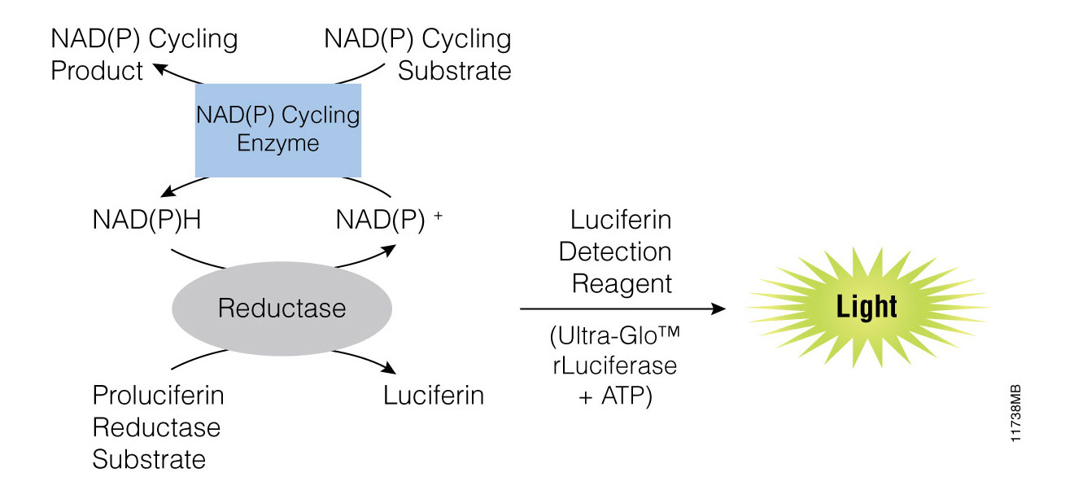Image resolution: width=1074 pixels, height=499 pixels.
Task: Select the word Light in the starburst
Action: (x=867, y=307)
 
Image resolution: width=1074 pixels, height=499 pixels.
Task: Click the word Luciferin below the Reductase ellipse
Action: (x=434, y=396)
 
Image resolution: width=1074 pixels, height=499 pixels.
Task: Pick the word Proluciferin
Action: (x=158, y=396)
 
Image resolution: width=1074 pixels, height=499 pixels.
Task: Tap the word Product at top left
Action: (x=97, y=71)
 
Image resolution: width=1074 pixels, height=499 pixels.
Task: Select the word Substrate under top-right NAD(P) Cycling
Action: (x=454, y=71)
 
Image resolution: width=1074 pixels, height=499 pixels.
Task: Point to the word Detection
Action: (x=615, y=252)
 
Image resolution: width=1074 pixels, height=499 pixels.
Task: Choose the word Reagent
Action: (x=622, y=283)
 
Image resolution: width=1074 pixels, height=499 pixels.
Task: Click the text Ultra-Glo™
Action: (x=613, y=336)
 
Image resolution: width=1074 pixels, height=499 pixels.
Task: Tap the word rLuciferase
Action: (x=614, y=365)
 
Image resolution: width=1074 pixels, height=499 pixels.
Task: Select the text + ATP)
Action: (x=615, y=397)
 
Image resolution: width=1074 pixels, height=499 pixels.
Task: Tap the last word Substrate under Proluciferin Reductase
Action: (x=149, y=459)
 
